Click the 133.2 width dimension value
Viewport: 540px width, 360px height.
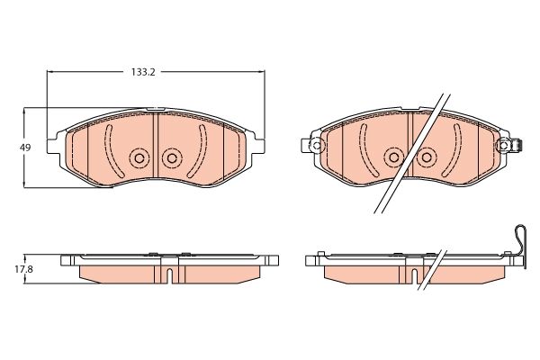143,72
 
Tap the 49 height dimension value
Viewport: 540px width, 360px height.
25,148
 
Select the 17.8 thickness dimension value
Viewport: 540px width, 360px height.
23,269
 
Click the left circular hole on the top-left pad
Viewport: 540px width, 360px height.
139,158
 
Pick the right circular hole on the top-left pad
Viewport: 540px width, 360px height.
172,158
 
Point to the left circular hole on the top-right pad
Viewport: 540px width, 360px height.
393,157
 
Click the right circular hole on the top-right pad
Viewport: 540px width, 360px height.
427,157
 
